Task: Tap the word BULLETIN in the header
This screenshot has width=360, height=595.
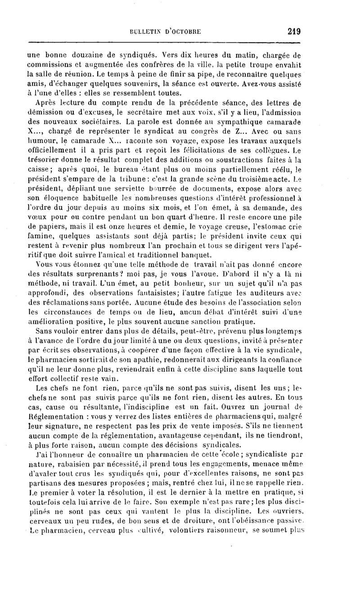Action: [144, 32]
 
